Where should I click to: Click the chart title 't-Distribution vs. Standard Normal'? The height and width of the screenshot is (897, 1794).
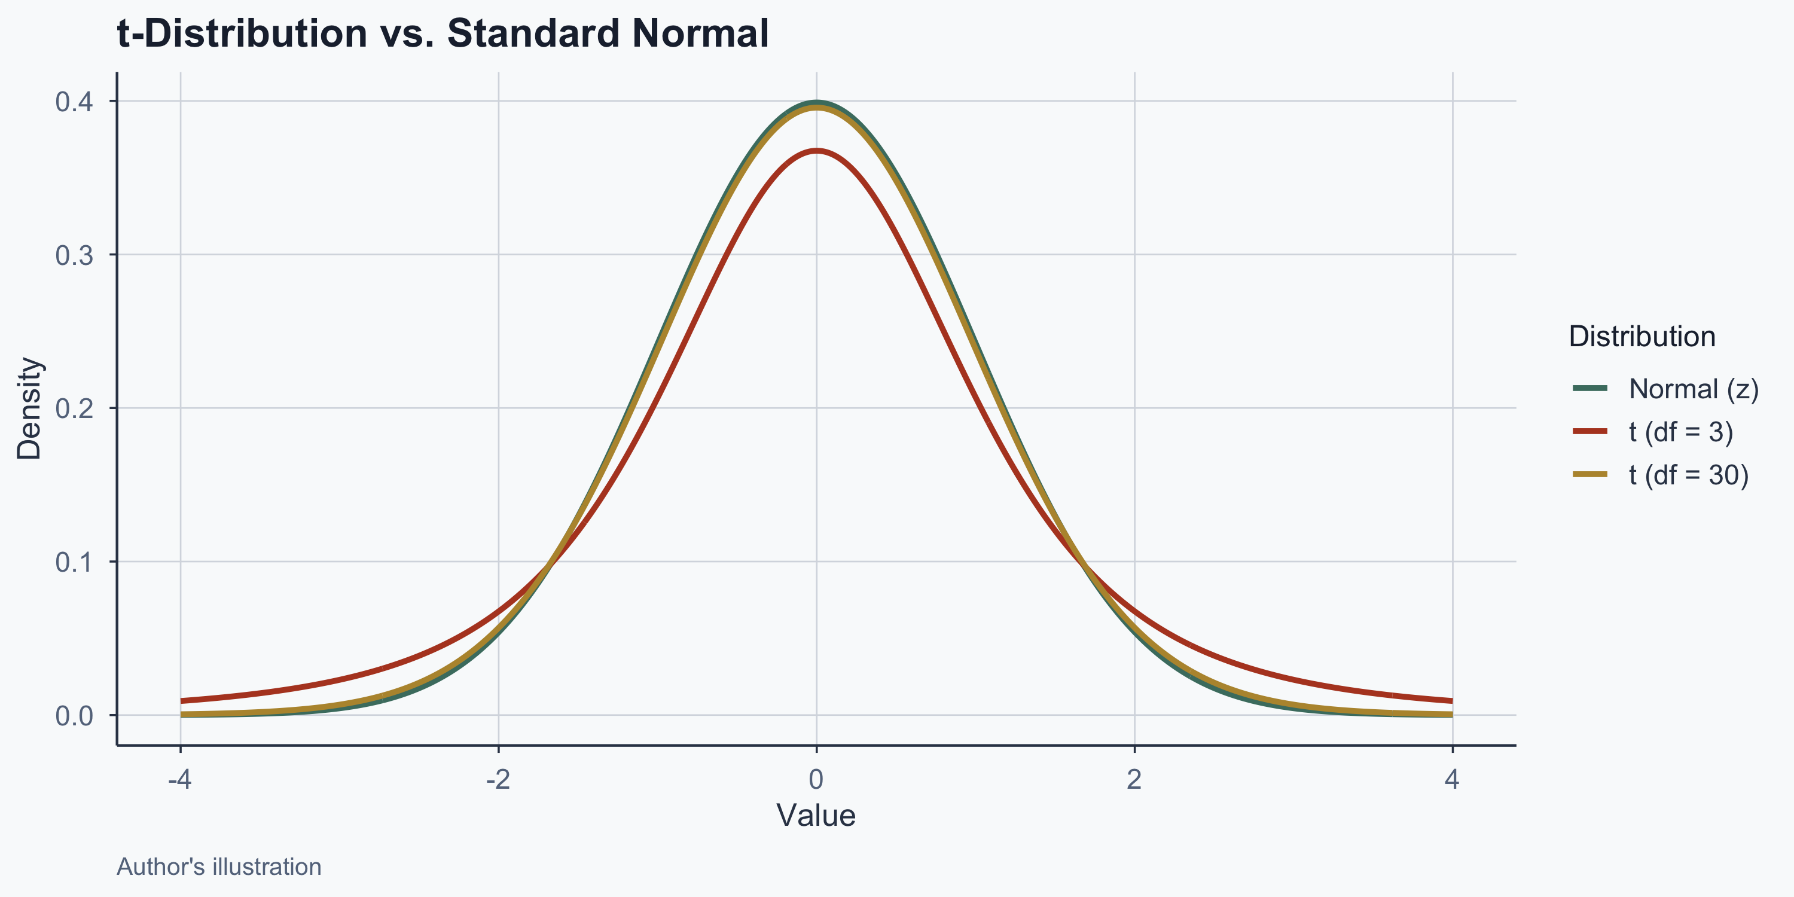443,33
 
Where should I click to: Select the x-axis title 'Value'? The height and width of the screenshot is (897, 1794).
816,816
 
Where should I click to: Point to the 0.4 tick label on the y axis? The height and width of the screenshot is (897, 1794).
74,102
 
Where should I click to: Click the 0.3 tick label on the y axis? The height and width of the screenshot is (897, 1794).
74,255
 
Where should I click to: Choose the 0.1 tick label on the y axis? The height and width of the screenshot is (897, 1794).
74,562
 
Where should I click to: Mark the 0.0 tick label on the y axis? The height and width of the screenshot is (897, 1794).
74,715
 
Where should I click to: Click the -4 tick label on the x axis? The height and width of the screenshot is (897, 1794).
179,780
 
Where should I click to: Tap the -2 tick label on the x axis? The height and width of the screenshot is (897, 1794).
498,780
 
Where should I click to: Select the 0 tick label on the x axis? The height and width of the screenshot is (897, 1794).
816,780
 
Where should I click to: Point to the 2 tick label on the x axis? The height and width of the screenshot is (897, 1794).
1134,780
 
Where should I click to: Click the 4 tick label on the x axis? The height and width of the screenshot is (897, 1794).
1452,780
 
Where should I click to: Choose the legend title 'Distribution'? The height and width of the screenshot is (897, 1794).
1642,337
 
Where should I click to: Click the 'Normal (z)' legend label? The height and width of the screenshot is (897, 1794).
1694,389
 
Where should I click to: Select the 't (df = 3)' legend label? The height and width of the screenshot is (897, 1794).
1680,432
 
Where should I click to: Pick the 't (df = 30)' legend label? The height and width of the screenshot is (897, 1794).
1689,475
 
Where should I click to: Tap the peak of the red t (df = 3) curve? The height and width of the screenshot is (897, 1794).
816,151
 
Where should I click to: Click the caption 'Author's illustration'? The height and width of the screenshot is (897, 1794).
219,867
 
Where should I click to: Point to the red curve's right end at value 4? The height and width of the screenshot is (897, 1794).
1451,701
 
